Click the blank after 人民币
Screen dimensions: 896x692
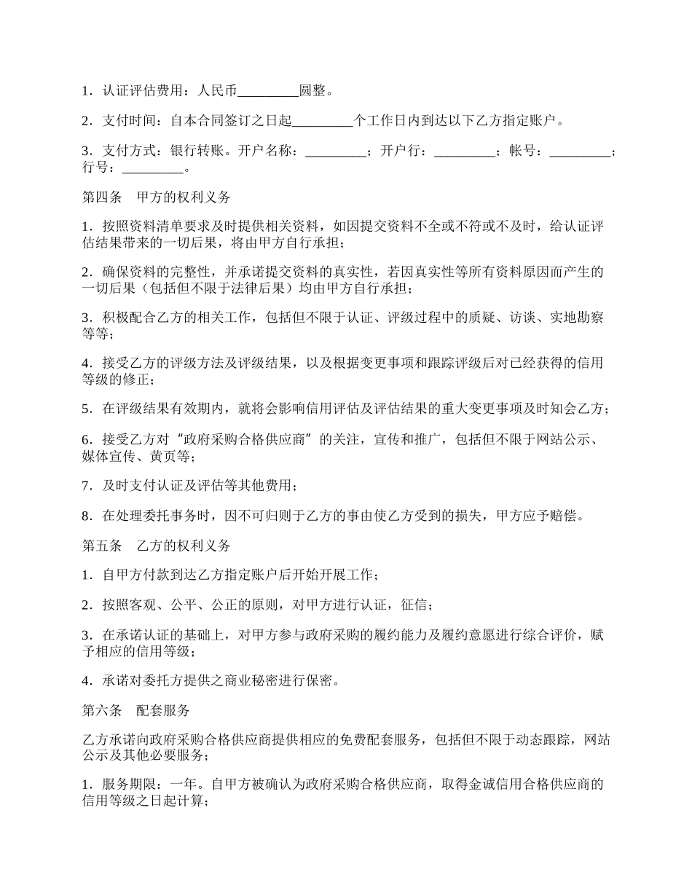(x=269, y=92)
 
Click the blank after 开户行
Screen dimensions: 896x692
(x=464, y=152)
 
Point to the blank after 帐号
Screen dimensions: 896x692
(x=580, y=152)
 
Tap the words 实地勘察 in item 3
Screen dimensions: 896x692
(x=577, y=318)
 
